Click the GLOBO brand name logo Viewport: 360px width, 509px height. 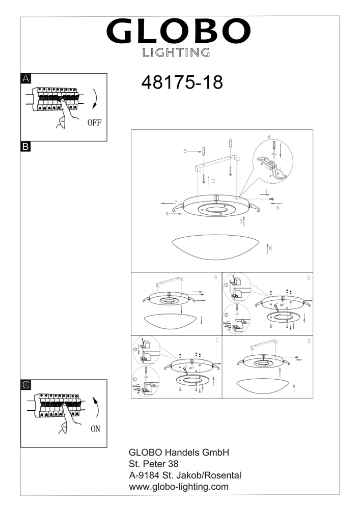pyautogui.click(x=178, y=31)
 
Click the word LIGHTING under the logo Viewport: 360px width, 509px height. pyautogui.click(x=176, y=52)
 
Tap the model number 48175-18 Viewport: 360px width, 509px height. pyautogui.click(x=182, y=82)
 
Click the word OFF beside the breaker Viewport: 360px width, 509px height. pyautogui.click(x=95, y=122)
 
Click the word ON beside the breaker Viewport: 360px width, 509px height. pyautogui.click(x=95, y=429)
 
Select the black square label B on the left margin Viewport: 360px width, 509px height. pyautogui.click(x=25, y=147)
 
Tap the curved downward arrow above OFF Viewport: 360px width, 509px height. pyautogui.click(x=95, y=98)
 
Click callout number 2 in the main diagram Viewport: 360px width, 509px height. pyautogui.click(x=185, y=151)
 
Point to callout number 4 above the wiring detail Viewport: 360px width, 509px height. pyautogui.click(x=269, y=137)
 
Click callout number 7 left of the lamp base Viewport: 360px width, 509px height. pyautogui.click(x=175, y=202)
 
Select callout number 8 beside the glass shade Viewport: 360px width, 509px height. pyautogui.click(x=270, y=248)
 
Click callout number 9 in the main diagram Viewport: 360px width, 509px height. pyautogui.click(x=167, y=214)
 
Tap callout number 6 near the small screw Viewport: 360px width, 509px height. pyautogui.click(x=278, y=208)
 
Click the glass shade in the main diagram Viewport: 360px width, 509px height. pyautogui.click(x=215, y=247)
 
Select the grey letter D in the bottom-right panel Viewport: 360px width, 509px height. pyautogui.click(x=309, y=341)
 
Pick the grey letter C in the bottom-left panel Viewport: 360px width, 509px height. pyautogui.click(x=217, y=341)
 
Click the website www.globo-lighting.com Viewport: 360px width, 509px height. pyautogui.click(x=179, y=487)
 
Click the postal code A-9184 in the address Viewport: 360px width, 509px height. pyautogui.click(x=144, y=475)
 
